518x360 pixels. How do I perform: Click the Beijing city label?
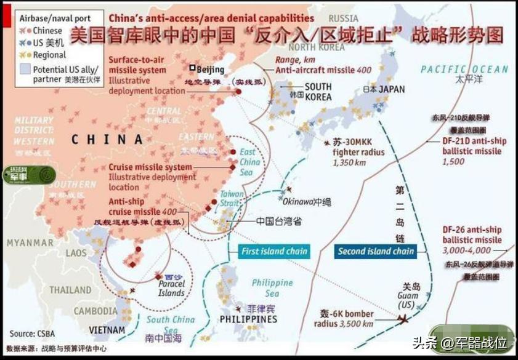(210, 70)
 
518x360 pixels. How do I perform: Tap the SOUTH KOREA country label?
(318, 92)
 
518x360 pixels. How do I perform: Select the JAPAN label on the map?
(392, 89)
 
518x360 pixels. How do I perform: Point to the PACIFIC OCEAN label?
(464, 69)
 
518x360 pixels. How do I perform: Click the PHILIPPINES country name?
(248, 319)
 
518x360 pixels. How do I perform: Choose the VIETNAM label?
(107, 330)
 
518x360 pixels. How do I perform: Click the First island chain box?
(274, 251)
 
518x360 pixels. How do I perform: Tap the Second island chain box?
(376, 251)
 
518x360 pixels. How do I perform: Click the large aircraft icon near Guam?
(403, 319)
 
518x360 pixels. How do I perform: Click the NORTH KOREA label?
(316, 47)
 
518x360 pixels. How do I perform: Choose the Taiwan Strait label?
(232, 198)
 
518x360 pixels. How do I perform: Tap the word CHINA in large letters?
(107, 140)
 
